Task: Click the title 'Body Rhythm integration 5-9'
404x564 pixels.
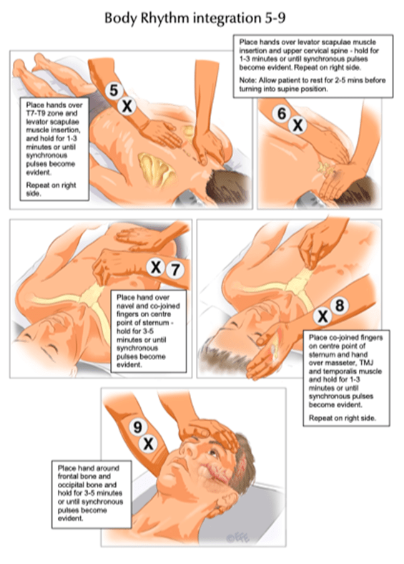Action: (195, 18)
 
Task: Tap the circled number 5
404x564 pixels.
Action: (114, 90)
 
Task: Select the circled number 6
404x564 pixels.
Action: (282, 113)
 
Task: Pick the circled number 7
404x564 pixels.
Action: (175, 270)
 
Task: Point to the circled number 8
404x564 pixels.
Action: (340, 306)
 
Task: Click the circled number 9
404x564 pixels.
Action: (138, 427)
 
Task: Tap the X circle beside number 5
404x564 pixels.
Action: (127, 107)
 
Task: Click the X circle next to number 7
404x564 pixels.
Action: (156, 268)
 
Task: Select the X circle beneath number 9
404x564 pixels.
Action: (148, 444)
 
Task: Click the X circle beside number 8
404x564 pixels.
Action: (322, 316)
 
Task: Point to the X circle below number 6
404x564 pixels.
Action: (297, 125)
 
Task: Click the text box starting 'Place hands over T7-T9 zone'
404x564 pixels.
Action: (54, 149)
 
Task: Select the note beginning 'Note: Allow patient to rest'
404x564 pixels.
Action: (312, 84)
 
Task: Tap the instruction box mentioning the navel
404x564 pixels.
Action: (149, 331)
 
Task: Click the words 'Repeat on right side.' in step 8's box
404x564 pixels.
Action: (343, 418)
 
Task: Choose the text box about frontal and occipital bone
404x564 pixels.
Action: (92, 494)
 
